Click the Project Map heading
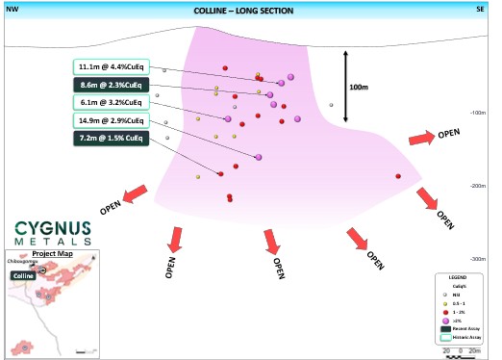click(x=53, y=253)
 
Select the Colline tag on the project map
click(x=24, y=274)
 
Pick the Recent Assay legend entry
click(x=461, y=329)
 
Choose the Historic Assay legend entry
click(x=461, y=337)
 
